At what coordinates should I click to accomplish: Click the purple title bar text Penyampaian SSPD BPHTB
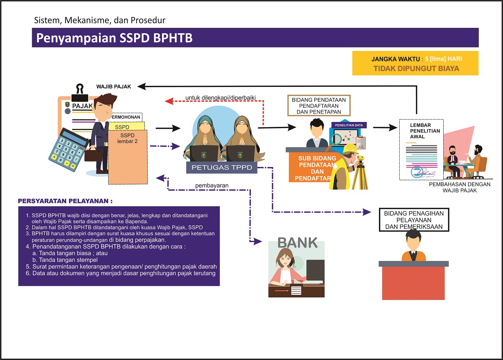[x=114, y=38]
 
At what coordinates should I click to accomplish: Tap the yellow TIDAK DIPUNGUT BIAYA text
[x=416, y=69]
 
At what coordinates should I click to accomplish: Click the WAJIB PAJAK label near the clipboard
[x=114, y=87]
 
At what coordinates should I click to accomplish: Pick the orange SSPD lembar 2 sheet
[x=128, y=157]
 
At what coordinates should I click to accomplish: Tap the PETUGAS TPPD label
[x=222, y=167]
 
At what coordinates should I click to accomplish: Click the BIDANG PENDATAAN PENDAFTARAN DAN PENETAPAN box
[x=319, y=106]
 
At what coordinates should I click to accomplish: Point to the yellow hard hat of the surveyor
[x=351, y=148]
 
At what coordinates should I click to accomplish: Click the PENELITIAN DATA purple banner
[x=349, y=125]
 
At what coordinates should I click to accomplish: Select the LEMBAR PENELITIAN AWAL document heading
[x=424, y=131]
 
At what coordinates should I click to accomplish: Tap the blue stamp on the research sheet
[x=417, y=172]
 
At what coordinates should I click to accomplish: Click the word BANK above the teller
[x=297, y=243]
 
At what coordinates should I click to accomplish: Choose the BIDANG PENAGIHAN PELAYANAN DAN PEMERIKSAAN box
[x=414, y=220]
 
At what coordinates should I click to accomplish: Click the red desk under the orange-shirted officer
[x=413, y=282]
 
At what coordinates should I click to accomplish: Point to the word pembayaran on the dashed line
[x=212, y=186]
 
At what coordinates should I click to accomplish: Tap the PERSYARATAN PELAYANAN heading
[x=65, y=201]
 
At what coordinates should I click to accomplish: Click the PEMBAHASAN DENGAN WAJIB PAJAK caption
[x=459, y=187]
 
